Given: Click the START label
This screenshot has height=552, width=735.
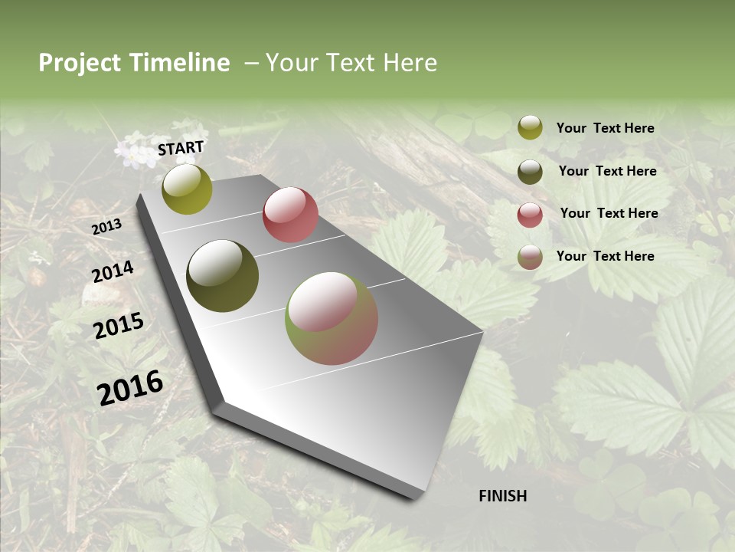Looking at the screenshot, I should [181, 148].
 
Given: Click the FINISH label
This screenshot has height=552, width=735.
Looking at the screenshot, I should [502, 496].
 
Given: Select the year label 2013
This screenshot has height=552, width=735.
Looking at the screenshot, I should [106, 226].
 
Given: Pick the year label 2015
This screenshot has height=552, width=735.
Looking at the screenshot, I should [119, 326].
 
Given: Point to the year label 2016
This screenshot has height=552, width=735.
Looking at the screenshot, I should [130, 387].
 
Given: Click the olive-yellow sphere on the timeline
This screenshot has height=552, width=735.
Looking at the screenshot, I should [187, 189].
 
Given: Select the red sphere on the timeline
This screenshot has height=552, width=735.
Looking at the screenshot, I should [290, 214].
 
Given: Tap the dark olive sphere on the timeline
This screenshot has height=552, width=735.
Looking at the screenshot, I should [222, 276].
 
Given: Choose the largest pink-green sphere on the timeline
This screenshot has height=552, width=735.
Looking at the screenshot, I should [332, 318].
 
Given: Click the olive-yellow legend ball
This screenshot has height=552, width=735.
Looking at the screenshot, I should [530, 127].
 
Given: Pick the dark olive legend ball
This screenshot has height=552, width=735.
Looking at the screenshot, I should [530, 172].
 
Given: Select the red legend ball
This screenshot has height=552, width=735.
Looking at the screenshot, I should [530, 215].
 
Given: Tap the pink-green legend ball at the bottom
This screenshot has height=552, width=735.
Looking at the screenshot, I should [530, 257].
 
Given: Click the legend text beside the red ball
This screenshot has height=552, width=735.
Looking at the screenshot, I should [609, 213].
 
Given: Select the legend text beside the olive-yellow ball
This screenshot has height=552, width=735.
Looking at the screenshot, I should [605, 128].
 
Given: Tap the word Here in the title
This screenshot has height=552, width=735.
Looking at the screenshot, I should [410, 63].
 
